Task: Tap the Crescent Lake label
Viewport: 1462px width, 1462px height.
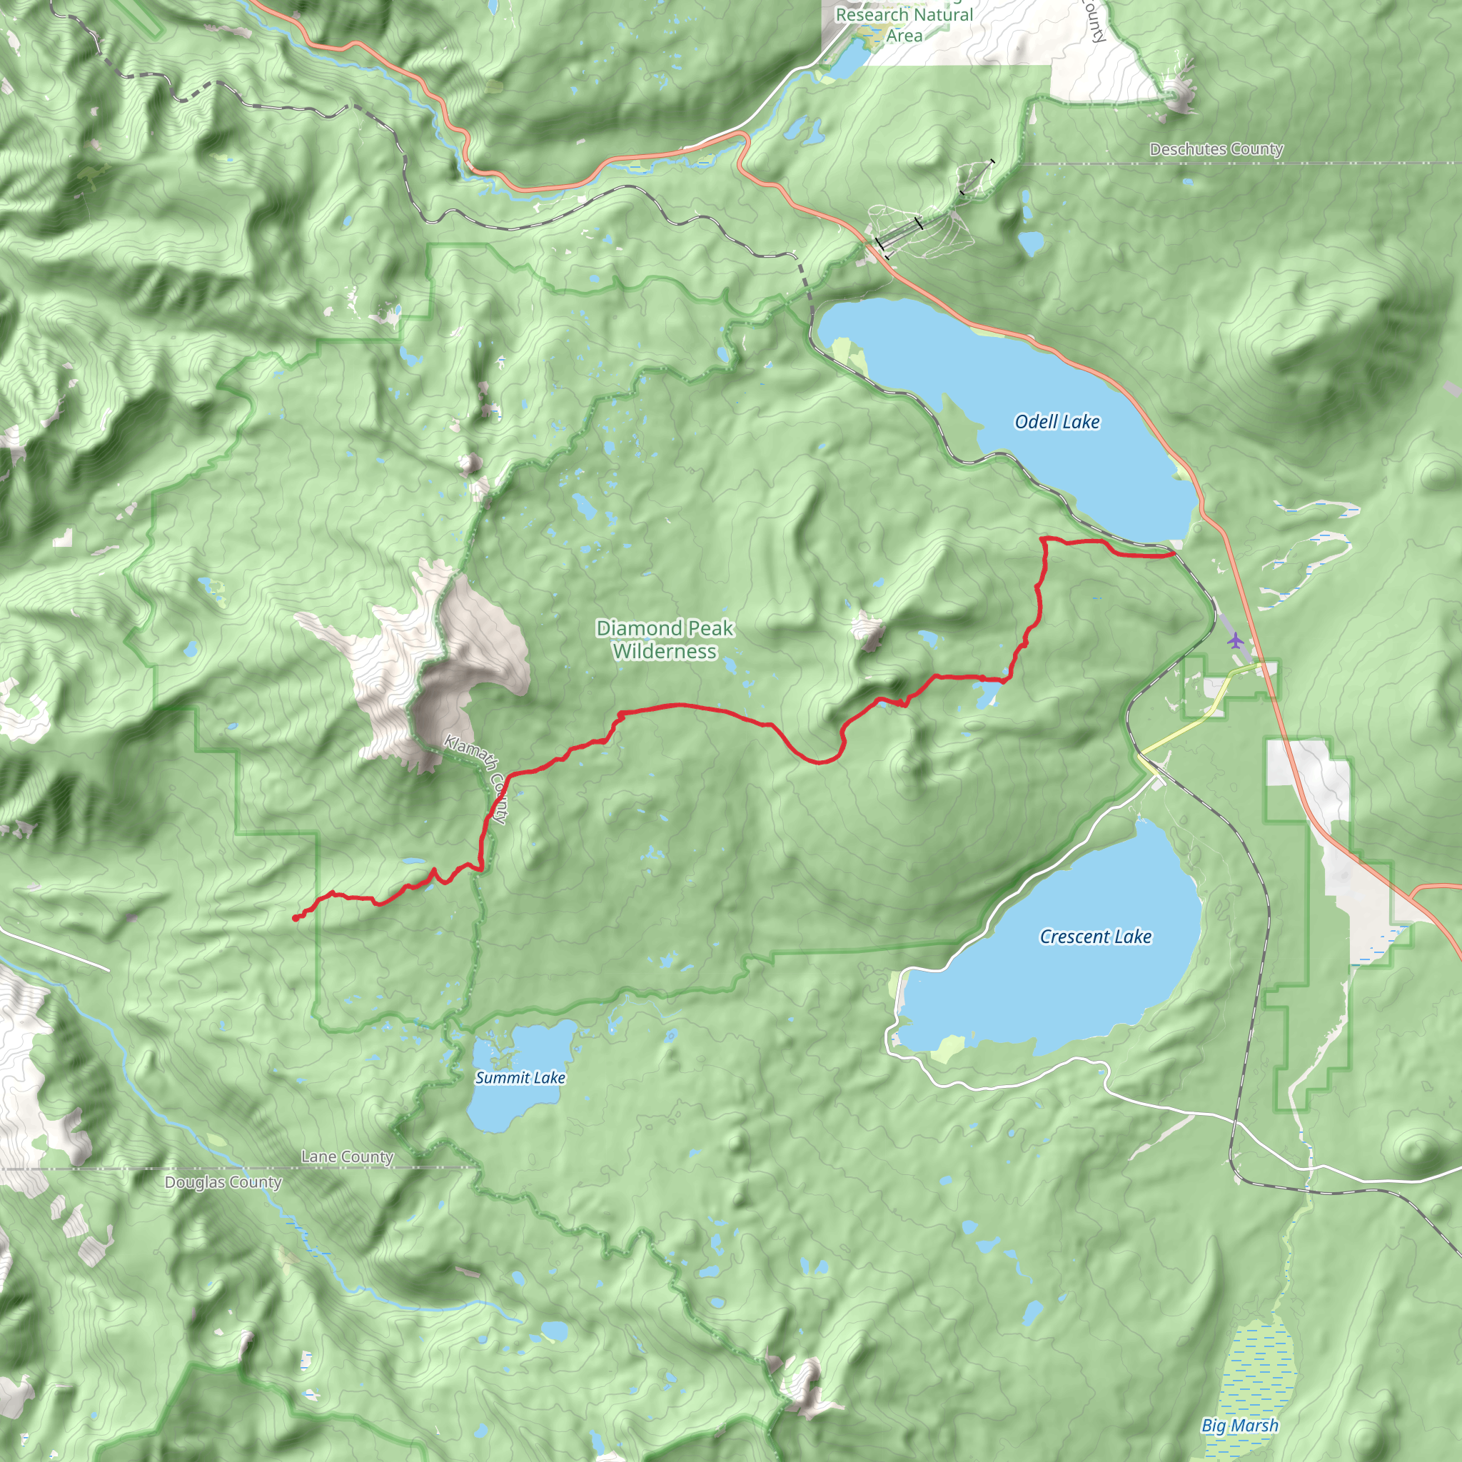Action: tap(1095, 936)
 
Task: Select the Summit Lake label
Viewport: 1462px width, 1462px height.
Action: tap(520, 1077)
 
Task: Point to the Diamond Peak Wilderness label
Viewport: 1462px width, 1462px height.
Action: tap(665, 640)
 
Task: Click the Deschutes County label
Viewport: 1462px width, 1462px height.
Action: tap(1216, 149)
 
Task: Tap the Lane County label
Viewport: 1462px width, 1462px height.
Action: tap(348, 1156)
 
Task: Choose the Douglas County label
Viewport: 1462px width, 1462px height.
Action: tap(223, 1182)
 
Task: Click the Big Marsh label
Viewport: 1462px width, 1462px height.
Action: tap(1239, 1426)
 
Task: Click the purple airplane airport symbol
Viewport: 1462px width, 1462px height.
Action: tap(1236, 641)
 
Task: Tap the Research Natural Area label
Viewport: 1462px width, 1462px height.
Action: tap(904, 24)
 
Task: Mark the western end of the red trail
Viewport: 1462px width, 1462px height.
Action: tap(294, 919)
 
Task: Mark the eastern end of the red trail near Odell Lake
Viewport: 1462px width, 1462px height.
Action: tap(1173, 554)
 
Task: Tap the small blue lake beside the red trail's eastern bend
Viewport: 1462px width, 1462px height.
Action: tap(986, 693)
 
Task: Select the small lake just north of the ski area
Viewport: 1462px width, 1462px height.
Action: tap(1031, 243)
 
